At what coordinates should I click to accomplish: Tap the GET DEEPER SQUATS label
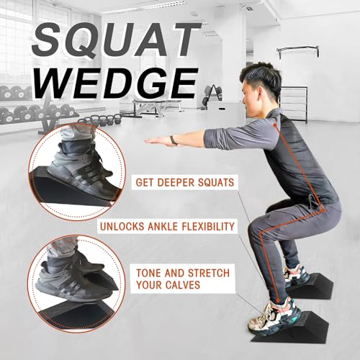(x=184, y=182)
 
